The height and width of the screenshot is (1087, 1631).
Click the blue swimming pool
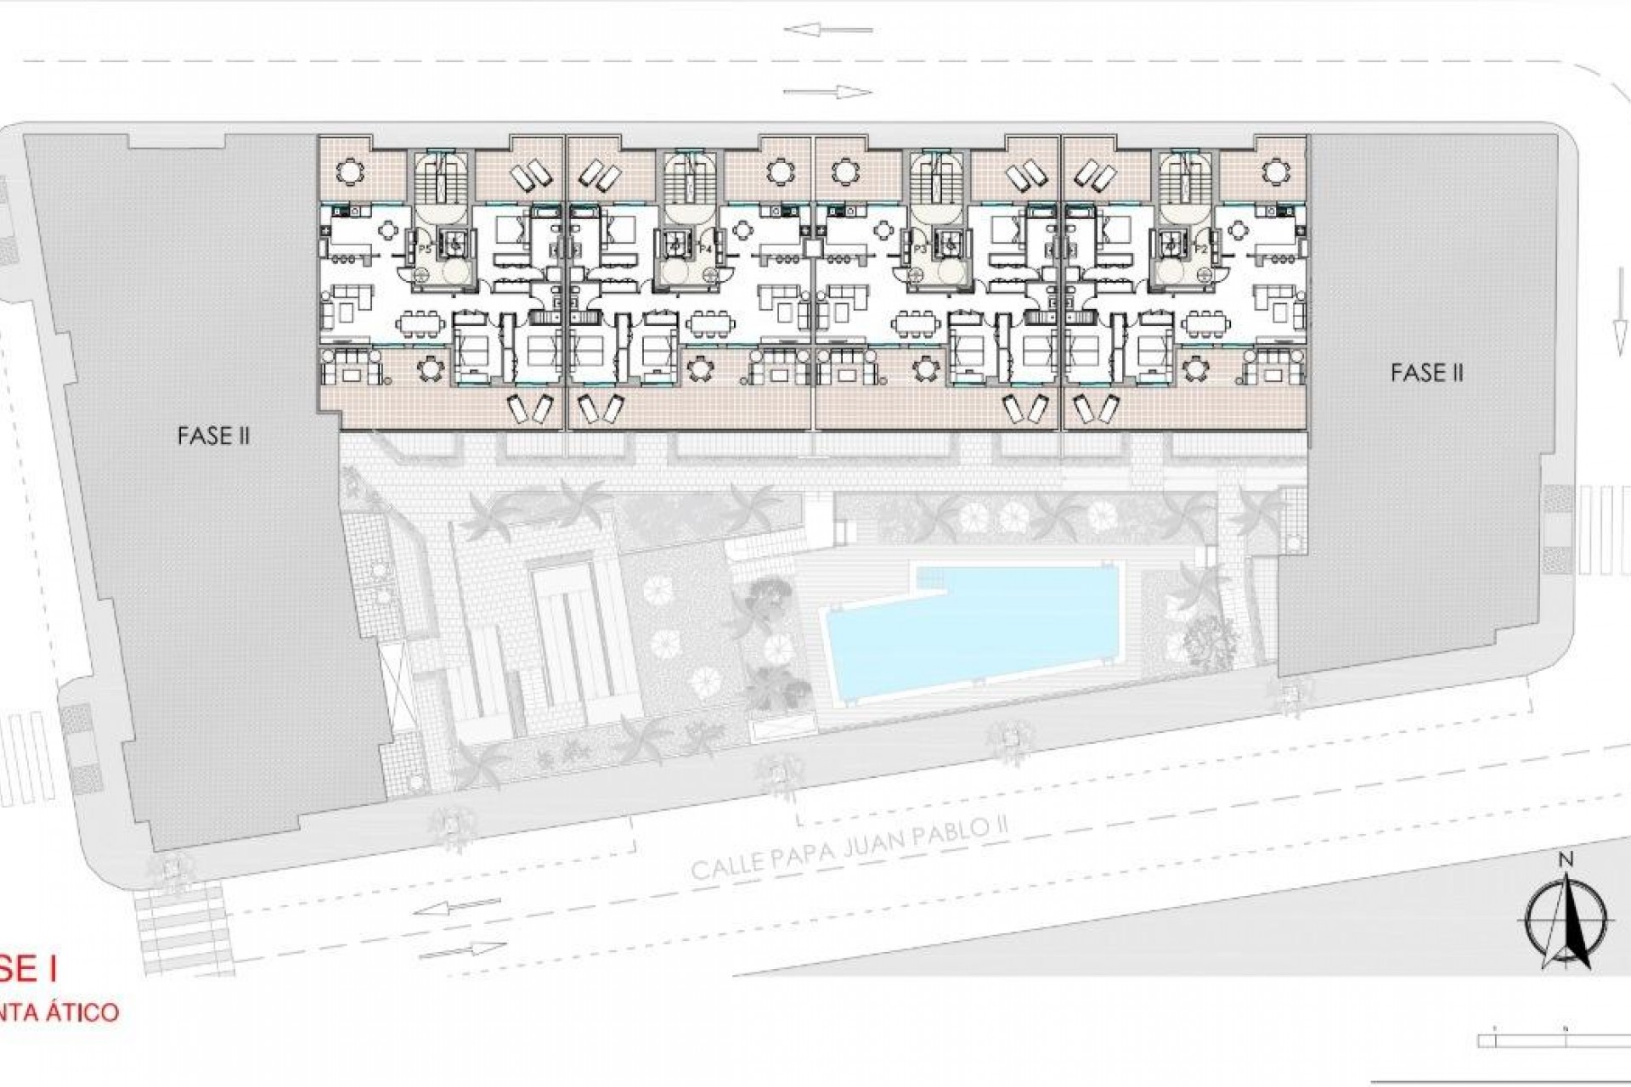(968, 623)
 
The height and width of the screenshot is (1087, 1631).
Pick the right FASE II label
(1426, 372)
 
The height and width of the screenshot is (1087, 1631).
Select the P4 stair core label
(704, 249)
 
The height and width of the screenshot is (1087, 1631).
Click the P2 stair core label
(1200, 250)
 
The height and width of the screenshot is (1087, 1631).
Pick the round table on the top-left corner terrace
(349, 172)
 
